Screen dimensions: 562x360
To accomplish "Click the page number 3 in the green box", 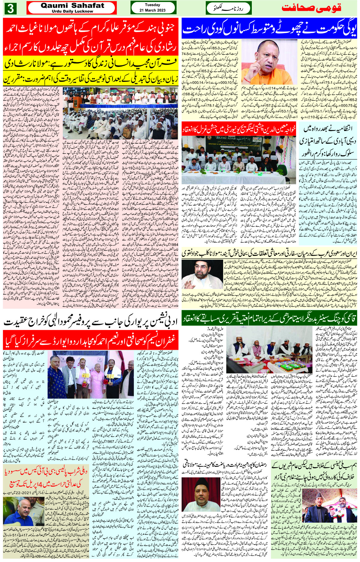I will [x=10, y=9].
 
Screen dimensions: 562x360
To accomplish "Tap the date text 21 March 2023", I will [x=152, y=10].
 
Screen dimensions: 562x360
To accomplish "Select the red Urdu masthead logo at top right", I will [x=311, y=8].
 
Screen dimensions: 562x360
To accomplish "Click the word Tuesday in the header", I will [x=152, y=5].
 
